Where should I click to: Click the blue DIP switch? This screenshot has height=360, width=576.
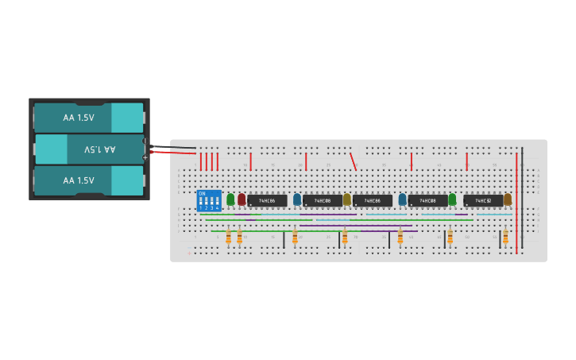coord(209,200)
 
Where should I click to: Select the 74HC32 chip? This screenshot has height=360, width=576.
coord(483,201)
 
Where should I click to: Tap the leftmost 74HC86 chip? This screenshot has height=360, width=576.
coord(267,201)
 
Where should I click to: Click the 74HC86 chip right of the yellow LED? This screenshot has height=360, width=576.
coord(373,201)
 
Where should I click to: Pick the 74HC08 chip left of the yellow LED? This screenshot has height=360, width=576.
coord(322,201)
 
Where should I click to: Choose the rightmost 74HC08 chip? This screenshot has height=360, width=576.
coord(427,201)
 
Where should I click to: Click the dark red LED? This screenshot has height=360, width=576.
coord(242,199)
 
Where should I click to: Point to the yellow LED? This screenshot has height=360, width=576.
coord(346,199)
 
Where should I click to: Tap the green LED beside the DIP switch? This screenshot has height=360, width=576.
coord(230,199)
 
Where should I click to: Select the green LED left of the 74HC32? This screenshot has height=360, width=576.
coord(452,199)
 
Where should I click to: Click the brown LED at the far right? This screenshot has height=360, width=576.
coord(508,199)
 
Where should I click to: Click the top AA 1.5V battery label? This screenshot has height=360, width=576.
coord(79,118)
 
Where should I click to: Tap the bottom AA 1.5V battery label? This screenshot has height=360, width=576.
coord(79,180)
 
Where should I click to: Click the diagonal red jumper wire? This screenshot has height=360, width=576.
coord(353,161)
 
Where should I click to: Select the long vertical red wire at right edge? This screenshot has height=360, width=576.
coord(516,203)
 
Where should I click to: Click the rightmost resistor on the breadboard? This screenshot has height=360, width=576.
coord(505,237)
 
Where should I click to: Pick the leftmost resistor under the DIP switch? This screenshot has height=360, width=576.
coord(228,237)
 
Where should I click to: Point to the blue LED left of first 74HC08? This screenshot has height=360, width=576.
coord(297,199)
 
